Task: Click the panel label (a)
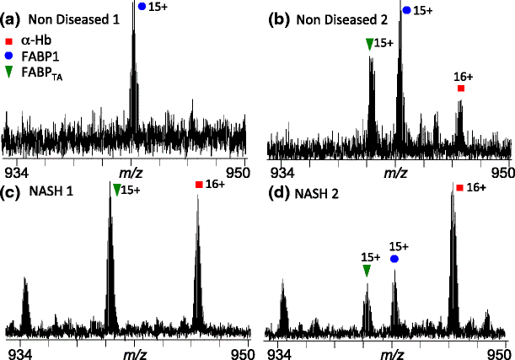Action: pyautogui.click(x=12, y=17)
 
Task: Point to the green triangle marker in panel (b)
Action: pyautogui.click(x=369, y=44)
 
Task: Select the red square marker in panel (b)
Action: pyautogui.click(x=461, y=89)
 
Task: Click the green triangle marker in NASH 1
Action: pyautogui.click(x=116, y=190)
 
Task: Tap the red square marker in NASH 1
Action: pyautogui.click(x=198, y=185)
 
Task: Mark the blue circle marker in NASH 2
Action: pyautogui.click(x=394, y=260)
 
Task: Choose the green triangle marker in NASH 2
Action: pyautogui.click(x=367, y=271)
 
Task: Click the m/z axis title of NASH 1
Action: pyautogui.click(x=135, y=348)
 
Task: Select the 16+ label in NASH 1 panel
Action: pyautogui.click(x=216, y=185)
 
